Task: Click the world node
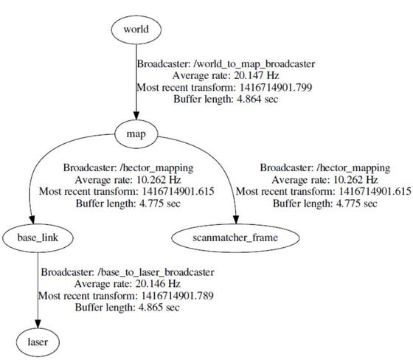point(136,30)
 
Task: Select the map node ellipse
point(136,134)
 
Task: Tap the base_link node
point(37,238)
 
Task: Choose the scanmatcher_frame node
point(236,238)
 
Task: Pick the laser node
point(37,342)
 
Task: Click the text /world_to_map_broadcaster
point(241,63)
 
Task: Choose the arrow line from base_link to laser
point(37,288)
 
